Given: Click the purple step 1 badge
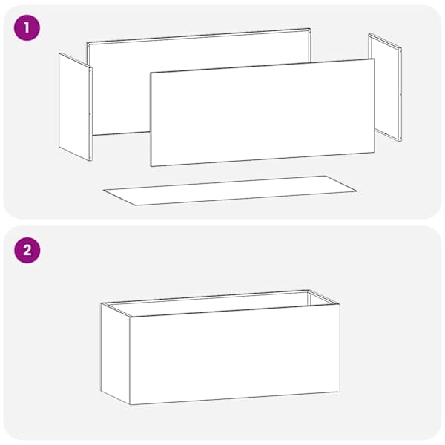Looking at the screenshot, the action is coord(27,28).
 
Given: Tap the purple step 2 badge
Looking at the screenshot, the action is coord(27,251).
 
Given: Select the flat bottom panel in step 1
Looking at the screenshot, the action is coord(230,191).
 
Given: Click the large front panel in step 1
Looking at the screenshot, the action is coord(263,113).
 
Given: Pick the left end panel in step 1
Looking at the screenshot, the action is coord(76,107).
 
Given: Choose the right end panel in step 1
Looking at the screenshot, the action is coord(385,88).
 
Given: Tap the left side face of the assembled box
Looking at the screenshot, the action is coord(116,353).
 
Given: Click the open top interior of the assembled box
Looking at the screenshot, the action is coord(220,303).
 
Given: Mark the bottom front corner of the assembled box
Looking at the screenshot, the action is coord(131,405).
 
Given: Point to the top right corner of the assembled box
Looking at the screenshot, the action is coord(340,304).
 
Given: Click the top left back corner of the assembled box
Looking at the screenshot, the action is coord(101,303).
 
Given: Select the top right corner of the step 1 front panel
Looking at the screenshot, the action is coord(374,59).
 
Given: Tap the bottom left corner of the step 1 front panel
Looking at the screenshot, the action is coord(151,166).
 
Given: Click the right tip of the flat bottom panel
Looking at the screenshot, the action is coord(357,191).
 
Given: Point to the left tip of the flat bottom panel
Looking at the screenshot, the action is coord(103,190).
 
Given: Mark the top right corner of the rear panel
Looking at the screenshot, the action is coord(310,28).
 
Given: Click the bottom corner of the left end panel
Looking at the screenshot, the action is coord(90,161).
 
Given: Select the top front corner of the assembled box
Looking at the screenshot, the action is coord(131,317).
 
